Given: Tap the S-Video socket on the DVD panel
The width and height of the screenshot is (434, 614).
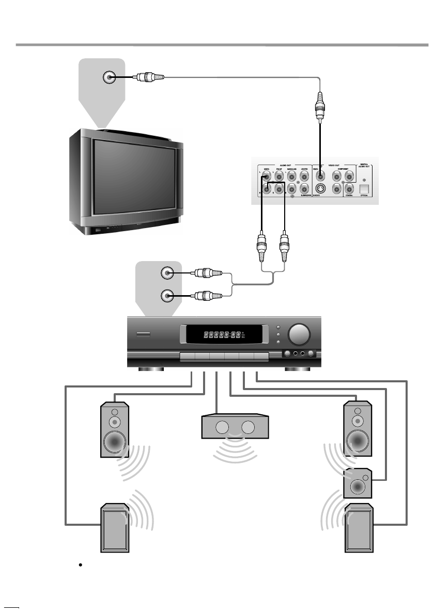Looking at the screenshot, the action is point(320,189).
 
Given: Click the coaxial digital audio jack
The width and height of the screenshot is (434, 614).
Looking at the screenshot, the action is point(350,189).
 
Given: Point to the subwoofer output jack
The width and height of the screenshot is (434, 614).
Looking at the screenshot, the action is point(304,189).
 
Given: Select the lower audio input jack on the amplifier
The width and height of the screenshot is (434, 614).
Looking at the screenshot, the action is point(167,296).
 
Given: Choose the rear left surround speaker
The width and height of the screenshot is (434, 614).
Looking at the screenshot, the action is point(114,528).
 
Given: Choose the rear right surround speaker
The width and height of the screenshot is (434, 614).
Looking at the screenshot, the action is point(358,528).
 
